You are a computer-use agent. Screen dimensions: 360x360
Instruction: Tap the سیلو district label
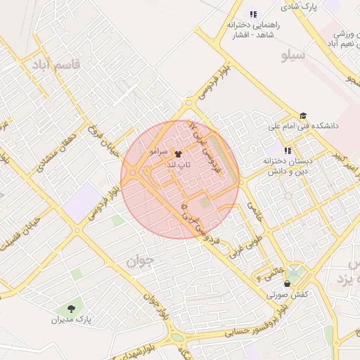pos(292,54)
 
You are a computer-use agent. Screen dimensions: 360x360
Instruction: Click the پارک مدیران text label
pos(71,320)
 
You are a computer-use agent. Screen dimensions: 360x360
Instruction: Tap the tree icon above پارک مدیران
pos(71,308)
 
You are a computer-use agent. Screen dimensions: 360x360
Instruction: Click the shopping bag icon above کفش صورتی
pos(287,284)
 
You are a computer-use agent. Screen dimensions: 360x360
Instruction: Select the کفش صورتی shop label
pos(286,295)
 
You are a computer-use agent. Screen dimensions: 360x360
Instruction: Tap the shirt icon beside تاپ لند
pos(177,153)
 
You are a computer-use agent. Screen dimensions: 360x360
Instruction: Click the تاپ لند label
pos(177,164)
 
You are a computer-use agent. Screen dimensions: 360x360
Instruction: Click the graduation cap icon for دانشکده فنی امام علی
pos(303,116)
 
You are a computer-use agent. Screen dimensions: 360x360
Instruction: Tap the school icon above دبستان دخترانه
pos(287,150)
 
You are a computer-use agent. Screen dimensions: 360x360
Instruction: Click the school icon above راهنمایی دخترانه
pos(253,14)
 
